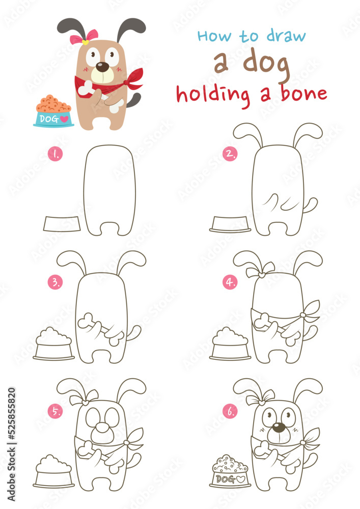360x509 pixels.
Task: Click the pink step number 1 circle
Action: (x=54, y=154)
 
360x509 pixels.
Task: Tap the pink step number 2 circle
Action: (x=230, y=154)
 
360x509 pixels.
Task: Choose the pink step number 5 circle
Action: (x=54, y=411)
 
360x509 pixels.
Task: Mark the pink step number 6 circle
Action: (x=230, y=411)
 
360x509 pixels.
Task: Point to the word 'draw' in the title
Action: (x=286, y=36)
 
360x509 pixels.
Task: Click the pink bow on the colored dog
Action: (x=84, y=36)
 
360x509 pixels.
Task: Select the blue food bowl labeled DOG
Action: (x=53, y=118)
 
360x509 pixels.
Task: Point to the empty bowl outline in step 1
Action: (x=62, y=223)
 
